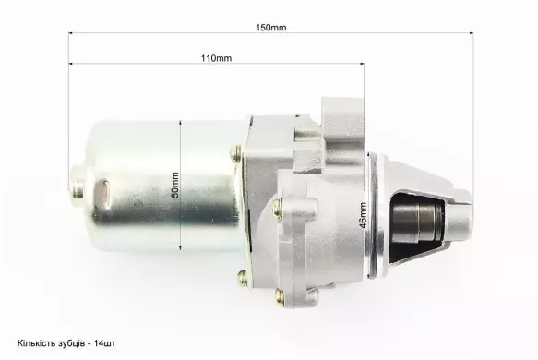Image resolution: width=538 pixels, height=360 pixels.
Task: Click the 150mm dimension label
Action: click(270, 28)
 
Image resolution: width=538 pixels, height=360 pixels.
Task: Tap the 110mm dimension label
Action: click(216, 58)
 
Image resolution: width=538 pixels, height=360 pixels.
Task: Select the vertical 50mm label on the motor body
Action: click(175, 185)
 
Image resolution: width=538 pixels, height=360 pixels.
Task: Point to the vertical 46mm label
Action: click(363, 215)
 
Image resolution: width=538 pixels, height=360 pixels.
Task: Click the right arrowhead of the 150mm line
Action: click(472, 33)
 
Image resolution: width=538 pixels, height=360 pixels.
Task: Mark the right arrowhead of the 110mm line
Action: click(362, 64)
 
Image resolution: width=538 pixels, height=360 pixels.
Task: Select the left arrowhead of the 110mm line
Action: click(71, 64)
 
